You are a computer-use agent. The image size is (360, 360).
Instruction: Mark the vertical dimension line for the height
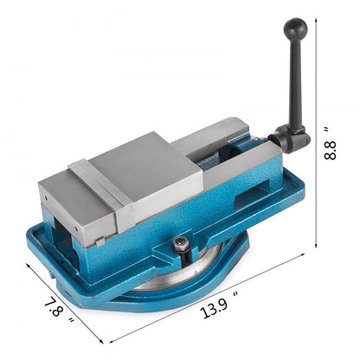(x=314, y=130)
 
